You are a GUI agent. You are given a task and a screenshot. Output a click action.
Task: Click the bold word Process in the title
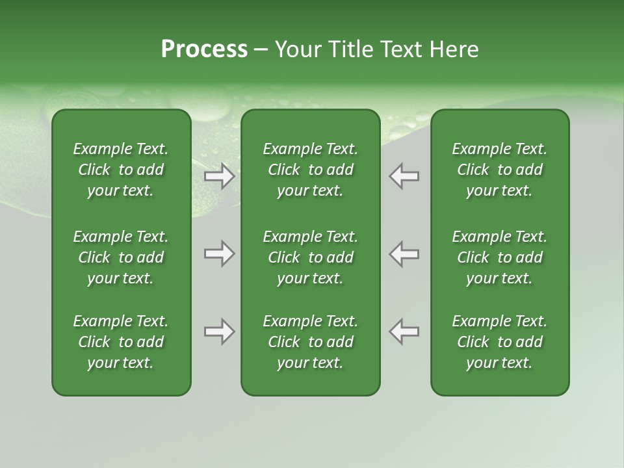[204, 49]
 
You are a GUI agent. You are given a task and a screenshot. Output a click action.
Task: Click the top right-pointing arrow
[219, 176]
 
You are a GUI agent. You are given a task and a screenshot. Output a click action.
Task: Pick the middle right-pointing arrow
[219, 253]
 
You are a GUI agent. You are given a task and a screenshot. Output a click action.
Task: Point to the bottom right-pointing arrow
[219, 331]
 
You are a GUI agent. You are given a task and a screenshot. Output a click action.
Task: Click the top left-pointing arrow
[404, 176]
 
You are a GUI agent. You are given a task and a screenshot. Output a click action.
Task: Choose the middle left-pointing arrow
[404, 253]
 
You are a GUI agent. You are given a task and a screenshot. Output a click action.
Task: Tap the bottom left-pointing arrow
[404, 331]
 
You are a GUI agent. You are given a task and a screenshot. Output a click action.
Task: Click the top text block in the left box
[121, 170]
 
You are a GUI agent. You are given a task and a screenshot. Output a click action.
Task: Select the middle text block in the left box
[121, 257]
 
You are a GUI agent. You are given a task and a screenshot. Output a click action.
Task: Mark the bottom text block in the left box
[121, 342]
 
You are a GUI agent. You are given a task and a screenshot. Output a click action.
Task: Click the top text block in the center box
[310, 170]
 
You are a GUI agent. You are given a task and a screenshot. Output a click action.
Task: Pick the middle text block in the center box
[310, 257]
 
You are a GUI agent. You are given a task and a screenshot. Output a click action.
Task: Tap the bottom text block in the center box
[310, 342]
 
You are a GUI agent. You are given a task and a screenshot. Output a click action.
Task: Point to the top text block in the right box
[499, 170]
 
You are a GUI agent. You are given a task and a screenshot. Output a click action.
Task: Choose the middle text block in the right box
[499, 257]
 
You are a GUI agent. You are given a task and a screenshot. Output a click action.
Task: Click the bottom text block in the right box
[499, 342]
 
